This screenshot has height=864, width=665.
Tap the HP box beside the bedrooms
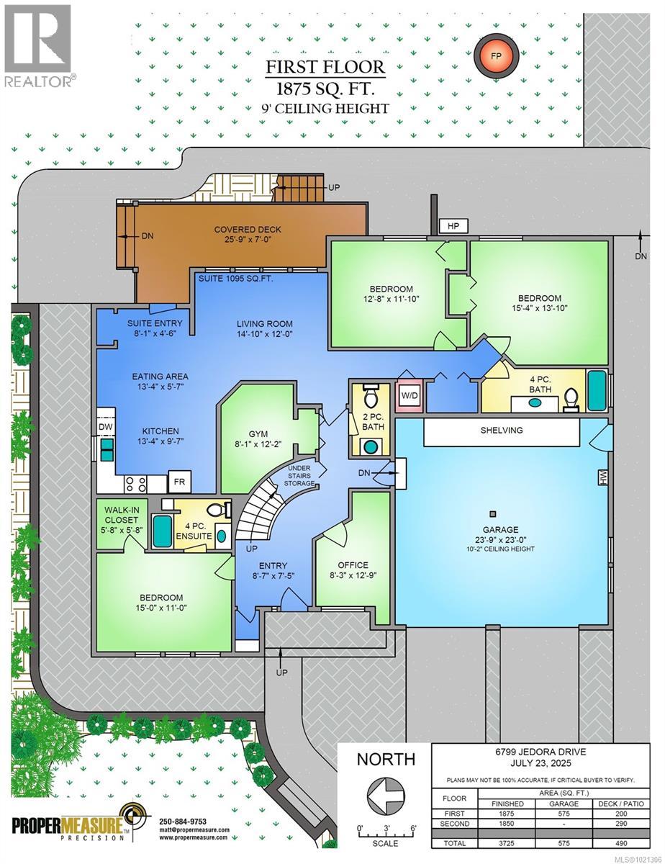point(453,226)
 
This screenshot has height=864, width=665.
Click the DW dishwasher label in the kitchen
point(105,427)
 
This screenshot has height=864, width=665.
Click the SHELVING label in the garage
point(502,430)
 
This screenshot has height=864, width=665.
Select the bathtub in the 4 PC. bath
point(597,390)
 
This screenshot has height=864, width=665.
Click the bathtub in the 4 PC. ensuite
point(161,531)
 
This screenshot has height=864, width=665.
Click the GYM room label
point(257,433)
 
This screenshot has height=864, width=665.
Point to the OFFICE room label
point(353,565)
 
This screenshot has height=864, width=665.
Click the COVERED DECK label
point(248,230)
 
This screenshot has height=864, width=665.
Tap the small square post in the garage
point(493,514)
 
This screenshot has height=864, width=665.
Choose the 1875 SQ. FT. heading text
point(326,89)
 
